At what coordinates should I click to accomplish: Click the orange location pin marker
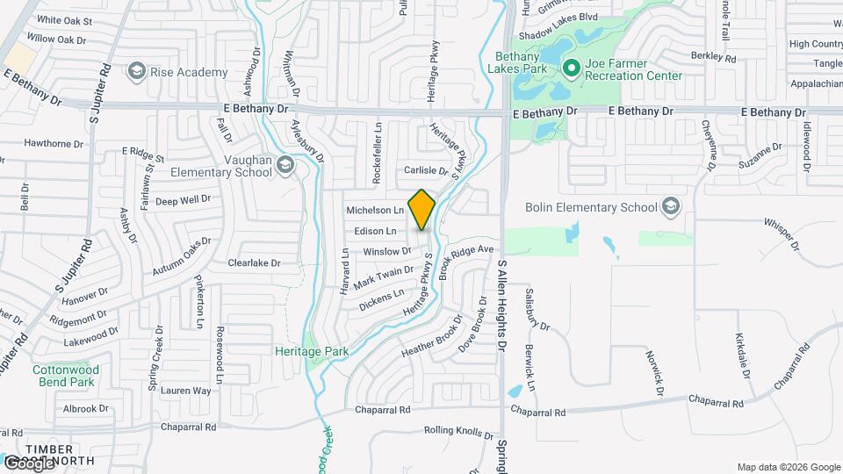click(422, 209)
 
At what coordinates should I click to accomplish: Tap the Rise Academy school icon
click(136, 70)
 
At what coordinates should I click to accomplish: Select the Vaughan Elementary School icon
click(285, 164)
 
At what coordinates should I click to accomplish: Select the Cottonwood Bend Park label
click(64, 376)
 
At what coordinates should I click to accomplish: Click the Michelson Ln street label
click(375, 210)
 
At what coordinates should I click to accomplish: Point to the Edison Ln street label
click(375, 231)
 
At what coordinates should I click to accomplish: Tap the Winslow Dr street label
click(387, 251)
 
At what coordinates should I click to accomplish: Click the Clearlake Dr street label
click(254, 262)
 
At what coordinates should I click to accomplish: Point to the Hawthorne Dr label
click(54, 142)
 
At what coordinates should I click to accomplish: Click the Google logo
click(29, 463)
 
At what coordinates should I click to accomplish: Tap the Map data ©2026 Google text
click(789, 467)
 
